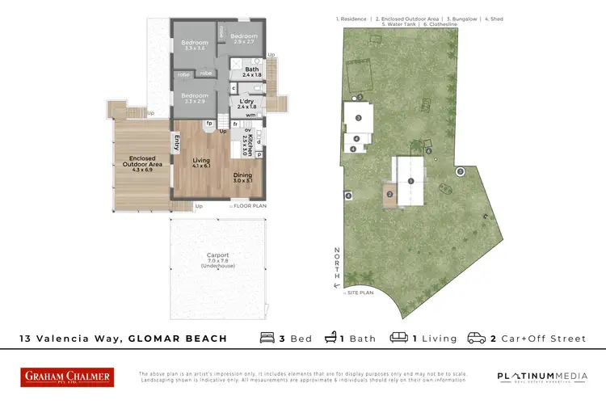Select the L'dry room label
click(246, 103)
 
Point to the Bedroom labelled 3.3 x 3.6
click(195, 45)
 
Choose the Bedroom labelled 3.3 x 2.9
click(195, 98)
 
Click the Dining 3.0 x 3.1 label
click(243, 178)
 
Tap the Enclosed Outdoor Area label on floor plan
click(141, 162)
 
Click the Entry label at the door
click(177, 143)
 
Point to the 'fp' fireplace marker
click(209, 124)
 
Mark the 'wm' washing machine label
click(251, 115)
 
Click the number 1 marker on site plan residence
click(410, 181)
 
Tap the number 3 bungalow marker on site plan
click(357, 118)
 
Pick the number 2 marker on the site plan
click(389, 194)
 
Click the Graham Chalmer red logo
click(67, 377)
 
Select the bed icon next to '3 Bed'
click(267, 338)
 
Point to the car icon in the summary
click(477, 338)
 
